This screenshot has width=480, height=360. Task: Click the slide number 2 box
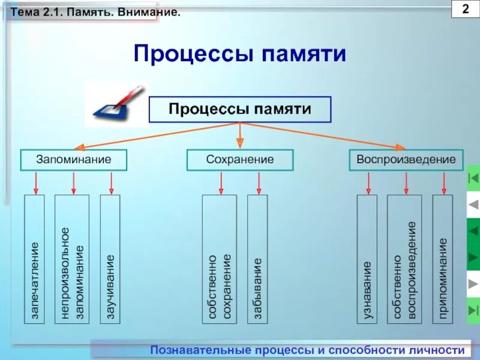point(466,11)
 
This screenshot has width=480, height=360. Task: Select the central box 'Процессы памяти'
point(240,109)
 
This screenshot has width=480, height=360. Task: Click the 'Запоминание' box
point(74,160)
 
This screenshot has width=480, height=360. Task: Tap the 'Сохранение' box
point(240,160)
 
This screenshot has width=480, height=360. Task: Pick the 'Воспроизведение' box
point(406,160)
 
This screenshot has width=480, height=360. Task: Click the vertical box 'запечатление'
point(35,259)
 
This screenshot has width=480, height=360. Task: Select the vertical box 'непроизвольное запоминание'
point(72,259)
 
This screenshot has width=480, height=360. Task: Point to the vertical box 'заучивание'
point(110,259)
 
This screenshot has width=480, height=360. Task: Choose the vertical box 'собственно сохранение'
point(219,259)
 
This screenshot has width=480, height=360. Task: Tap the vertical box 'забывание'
point(258,259)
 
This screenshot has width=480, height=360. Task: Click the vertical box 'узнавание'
point(367,259)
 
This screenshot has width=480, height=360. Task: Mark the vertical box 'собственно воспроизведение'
point(404,259)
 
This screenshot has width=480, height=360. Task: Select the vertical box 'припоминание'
point(442,259)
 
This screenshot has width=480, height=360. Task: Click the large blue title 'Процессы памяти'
point(240,54)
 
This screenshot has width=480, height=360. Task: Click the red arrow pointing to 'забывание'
point(259,182)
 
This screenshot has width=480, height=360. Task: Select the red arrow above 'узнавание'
point(368,182)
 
